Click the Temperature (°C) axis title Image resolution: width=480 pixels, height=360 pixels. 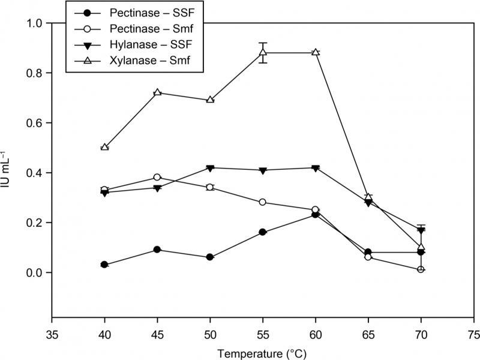[262, 349]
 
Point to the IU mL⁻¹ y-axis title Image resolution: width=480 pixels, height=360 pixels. [11, 170]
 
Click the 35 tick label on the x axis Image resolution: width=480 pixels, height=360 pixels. [52, 331]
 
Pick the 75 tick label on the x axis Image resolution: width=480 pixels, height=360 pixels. [473, 331]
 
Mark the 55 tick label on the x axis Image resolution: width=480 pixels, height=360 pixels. [262, 331]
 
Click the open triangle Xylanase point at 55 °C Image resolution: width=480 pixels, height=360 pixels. [262, 52]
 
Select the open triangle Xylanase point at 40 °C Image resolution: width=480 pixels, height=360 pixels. [105, 147]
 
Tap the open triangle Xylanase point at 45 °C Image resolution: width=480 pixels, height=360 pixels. [157, 92]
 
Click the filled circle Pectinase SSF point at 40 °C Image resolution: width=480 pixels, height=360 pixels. [105, 265]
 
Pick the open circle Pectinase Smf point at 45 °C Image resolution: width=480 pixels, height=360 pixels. [157, 178]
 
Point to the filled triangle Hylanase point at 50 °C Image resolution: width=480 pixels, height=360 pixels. [210, 168]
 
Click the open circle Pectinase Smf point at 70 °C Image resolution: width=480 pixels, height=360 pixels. [421, 269]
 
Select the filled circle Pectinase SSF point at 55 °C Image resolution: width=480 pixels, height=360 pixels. [262, 232]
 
